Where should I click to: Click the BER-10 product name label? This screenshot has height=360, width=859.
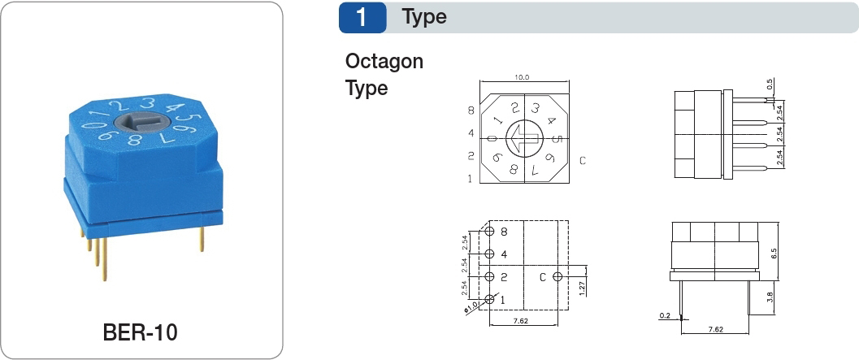tap(141, 332)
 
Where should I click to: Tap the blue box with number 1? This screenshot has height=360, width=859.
tap(362, 18)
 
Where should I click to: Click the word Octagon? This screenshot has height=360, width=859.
tap(384, 62)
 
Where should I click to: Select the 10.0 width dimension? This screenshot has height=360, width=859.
tap(522, 77)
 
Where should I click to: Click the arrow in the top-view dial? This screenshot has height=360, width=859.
tap(524, 139)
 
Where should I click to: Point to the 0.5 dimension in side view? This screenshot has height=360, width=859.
tap(770, 85)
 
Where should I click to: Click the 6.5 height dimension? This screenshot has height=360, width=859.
tap(774, 254)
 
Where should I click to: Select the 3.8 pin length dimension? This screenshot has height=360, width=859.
tap(770, 297)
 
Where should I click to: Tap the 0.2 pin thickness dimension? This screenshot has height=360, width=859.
tap(665, 315)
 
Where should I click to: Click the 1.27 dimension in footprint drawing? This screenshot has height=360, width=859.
tap(583, 285)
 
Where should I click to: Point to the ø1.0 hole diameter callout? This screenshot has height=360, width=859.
tap(471, 307)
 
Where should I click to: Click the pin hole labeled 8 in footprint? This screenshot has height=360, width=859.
tap(489, 232)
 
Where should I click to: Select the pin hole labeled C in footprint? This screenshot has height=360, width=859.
tap(557, 277)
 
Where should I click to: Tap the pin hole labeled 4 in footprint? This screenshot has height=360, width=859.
tap(489, 254)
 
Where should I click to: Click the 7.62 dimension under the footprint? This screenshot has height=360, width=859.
tap(520, 321)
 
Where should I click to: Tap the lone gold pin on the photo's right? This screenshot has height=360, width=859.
tap(202, 238)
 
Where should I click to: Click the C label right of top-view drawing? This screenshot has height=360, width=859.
tap(583, 161)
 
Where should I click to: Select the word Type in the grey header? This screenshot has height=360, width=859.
tap(424, 17)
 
